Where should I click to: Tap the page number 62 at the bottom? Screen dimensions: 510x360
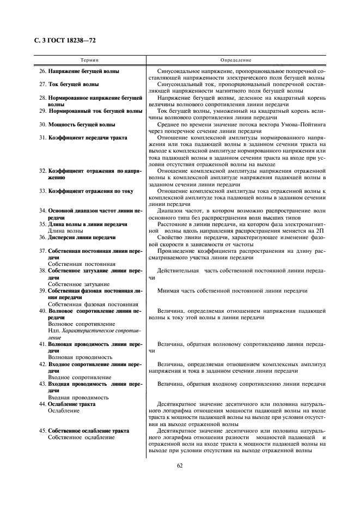pos(180,465)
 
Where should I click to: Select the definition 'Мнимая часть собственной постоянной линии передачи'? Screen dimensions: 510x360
pos(232,291)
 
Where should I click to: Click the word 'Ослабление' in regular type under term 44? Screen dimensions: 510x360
pos(64,411)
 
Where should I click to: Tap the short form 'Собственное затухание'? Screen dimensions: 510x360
pos(78,284)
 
